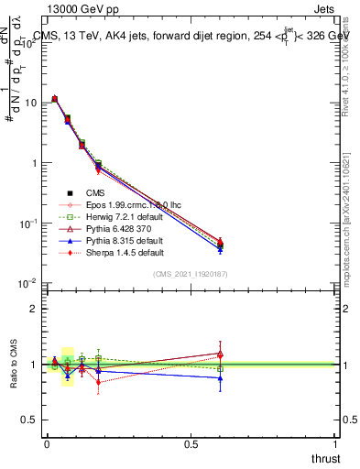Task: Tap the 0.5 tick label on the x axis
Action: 191,444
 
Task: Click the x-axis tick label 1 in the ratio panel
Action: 335,444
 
